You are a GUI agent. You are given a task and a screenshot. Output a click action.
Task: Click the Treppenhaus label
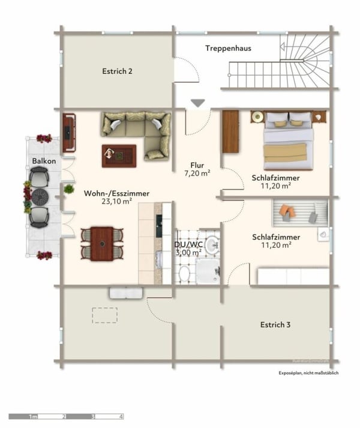point(227,48)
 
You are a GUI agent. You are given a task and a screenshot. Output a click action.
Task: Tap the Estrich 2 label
point(117,71)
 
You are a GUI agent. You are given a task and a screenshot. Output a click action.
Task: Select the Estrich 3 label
point(275,325)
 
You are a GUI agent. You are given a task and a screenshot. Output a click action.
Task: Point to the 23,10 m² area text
point(116,202)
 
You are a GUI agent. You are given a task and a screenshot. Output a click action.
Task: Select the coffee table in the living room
point(118,155)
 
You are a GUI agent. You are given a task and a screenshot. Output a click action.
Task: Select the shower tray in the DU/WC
point(208,272)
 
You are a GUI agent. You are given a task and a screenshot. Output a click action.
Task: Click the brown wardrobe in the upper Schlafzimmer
point(230,131)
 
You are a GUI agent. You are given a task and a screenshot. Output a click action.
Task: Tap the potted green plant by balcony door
point(69,189)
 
